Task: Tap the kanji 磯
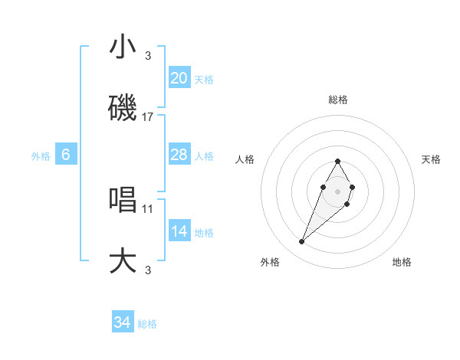coord(123,109)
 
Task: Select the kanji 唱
coord(123,199)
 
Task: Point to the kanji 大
coord(123,260)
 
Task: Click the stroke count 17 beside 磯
coord(148,117)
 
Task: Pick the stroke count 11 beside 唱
coord(148,208)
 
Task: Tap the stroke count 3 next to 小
coord(148,55)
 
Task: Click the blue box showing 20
coord(179,77)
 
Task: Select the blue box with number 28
coord(179,155)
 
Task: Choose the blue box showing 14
coord(179,231)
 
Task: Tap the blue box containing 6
coord(66,155)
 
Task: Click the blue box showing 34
coord(122,322)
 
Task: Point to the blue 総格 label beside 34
coord(147,324)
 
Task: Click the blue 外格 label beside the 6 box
coord(41,156)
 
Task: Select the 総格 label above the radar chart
coord(337,100)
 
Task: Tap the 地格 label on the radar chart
coord(402,262)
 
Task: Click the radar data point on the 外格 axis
coord(302,242)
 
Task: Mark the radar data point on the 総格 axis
coord(337,161)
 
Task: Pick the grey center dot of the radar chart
coord(337,190)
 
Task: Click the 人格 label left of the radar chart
coord(245,159)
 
